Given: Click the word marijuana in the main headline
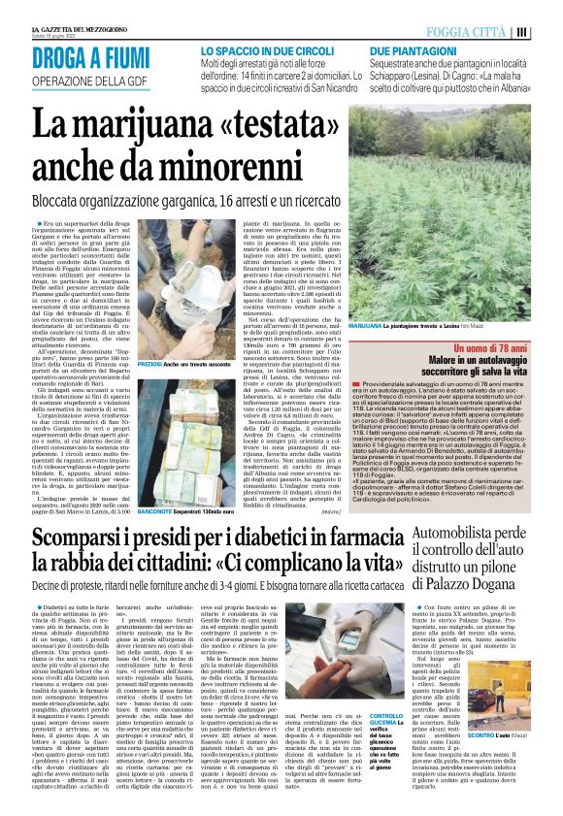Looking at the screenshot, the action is click(146, 125).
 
